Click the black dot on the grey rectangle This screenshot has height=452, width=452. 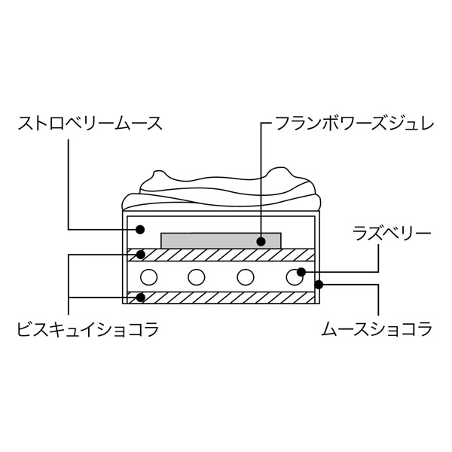pos(261,242)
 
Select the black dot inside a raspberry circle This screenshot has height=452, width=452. pos(301,272)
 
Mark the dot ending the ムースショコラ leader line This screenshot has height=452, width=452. pos(319,285)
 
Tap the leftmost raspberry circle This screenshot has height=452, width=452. pos(148,276)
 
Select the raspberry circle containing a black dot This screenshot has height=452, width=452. pos(295,276)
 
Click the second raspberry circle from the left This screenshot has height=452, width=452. pos(197,276)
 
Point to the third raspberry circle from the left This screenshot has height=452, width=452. pos(246,276)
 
